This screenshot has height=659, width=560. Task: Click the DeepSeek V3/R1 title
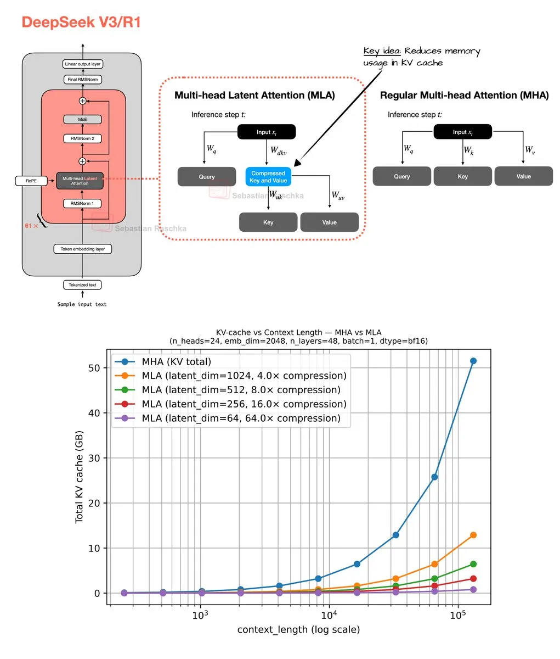tap(81, 23)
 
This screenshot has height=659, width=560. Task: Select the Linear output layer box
tap(83, 64)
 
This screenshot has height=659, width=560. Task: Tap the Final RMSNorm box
tap(83, 80)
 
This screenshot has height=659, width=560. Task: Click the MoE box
tap(82, 119)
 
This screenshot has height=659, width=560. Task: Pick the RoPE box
tap(31, 180)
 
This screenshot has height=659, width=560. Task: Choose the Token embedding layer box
tap(83, 249)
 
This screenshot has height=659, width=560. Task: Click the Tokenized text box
tap(82, 285)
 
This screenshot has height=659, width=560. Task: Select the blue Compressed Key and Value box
tap(268, 177)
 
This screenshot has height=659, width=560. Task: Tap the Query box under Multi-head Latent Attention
tap(207, 177)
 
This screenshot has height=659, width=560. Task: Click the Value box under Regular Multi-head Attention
tap(523, 176)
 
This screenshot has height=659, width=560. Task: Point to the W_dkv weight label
tap(278, 150)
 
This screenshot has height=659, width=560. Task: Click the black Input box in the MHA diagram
tap(462, 132)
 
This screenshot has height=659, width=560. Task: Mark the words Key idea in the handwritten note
tap(382, 51)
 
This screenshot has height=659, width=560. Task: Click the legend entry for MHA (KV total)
tap(176, 361)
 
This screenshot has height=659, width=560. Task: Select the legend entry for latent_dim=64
tap(241, 418)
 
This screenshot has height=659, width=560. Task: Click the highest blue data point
tap(473, 361)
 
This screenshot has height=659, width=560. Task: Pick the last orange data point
tap(473, 535)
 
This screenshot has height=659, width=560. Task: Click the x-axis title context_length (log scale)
tap(298, 629)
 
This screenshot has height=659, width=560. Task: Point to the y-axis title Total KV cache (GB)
tap(80, 477)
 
